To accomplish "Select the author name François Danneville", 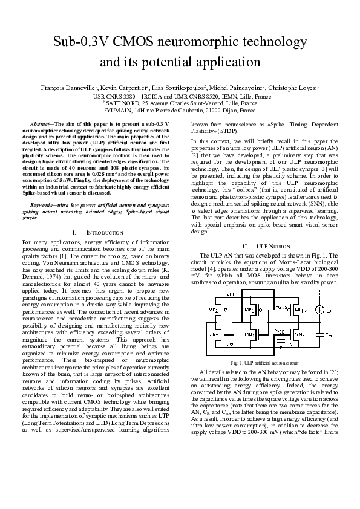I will (x=67, y=88).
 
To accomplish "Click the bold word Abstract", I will (x=42, y=123).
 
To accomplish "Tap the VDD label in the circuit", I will (x=232, y=294).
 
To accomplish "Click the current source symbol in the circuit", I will (x=318, y=311).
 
